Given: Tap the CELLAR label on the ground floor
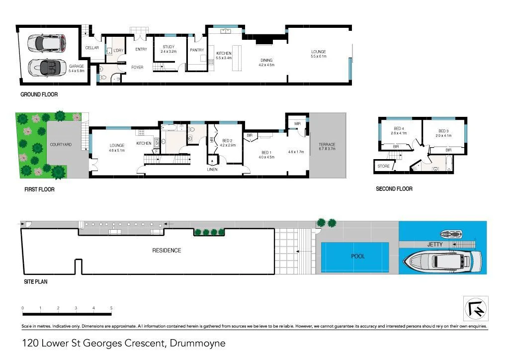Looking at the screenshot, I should (x=92, y=48).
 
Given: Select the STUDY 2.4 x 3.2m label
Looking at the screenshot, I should (x=169, y=49).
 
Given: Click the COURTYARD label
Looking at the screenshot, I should (x=61, y=145).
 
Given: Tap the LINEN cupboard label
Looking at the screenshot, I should (x=212, y=170).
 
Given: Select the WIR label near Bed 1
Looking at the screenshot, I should (x=297, y=123).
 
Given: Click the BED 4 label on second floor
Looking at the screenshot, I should (x=398, y=131).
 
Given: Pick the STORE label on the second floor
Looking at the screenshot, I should (x=383, y=166).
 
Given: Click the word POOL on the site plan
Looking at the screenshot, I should (x=358, y=256).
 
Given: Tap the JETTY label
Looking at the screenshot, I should (x=434, y=245).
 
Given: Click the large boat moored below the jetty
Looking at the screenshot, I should (x=442, y=261).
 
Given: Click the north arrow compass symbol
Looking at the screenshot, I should (x=476, y=309).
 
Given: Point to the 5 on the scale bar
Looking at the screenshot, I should (x=111, y=308).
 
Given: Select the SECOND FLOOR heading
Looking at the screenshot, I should (x=394, y=189).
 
